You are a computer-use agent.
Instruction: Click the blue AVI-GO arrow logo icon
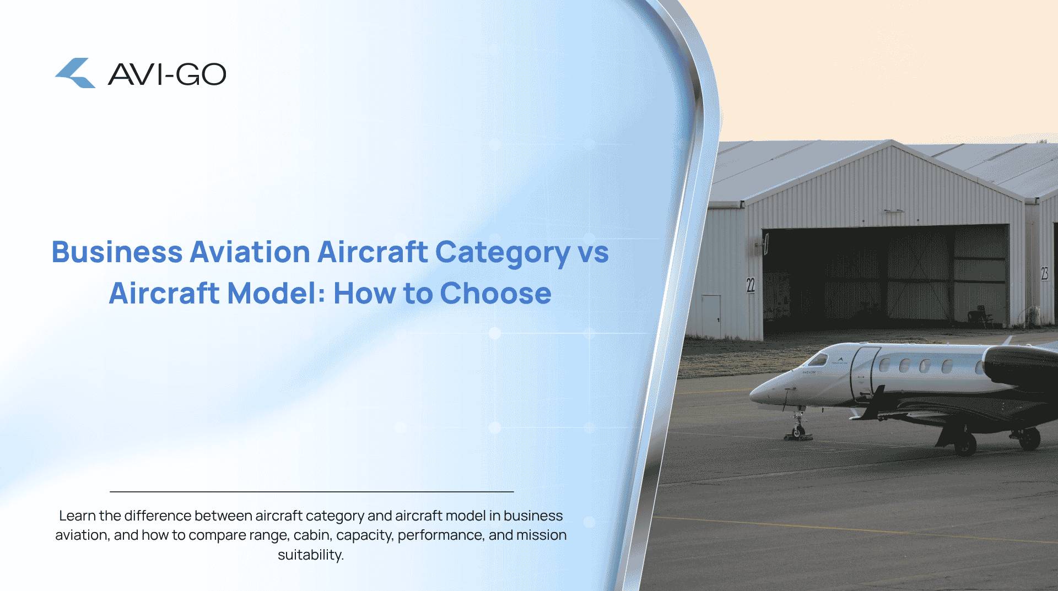coord(75,73)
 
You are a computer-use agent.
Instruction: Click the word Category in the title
coord(503,253)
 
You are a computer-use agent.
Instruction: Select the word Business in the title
coord(117,252)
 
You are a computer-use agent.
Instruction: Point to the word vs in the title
coord(593,253)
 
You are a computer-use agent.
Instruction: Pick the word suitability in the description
coord(310,555)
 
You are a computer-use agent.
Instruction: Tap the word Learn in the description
coord(77,516)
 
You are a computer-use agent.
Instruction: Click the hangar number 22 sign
coord(751,285)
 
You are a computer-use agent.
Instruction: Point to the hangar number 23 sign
coord(1044,273)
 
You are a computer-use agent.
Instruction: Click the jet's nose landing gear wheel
coord(796,432)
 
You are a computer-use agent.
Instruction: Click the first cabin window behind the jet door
coord(884,365)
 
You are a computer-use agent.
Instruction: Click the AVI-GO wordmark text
coord(167,74)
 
